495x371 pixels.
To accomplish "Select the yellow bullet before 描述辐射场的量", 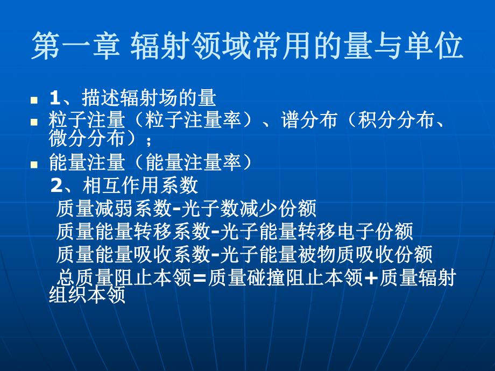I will pyautogui.click(x=34, y=100).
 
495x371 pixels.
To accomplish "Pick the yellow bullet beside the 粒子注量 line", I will pyautogui.click(x=34, y=123).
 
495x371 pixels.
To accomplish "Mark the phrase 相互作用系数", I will pyautogui.click(x=140, y=186).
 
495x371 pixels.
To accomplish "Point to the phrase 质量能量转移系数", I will pyautogui.click(x=132, y=232).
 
